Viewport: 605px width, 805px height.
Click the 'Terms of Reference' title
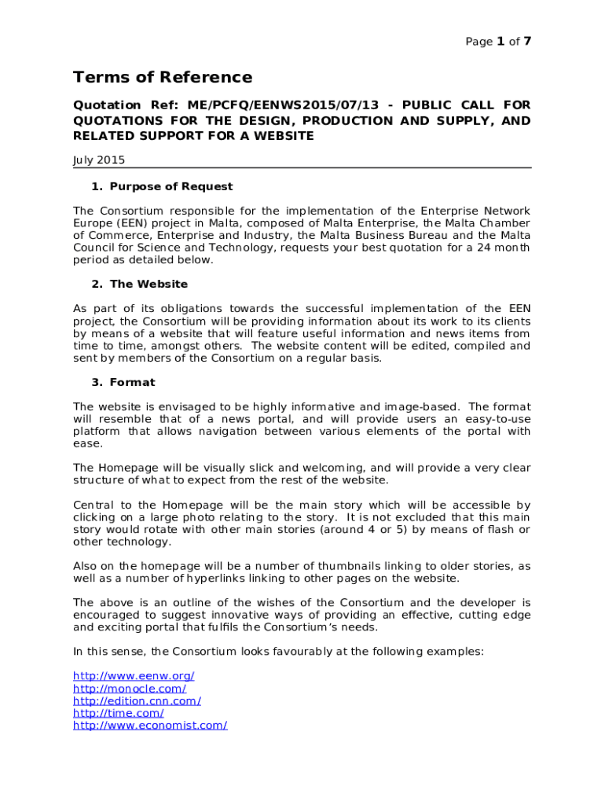coord(163,77)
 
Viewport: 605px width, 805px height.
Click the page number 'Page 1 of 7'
coord(498,42)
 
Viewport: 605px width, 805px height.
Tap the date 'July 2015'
coord(99,160)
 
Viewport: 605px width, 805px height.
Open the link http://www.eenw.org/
coord(134,676)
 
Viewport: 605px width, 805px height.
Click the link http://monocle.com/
coord(130,689)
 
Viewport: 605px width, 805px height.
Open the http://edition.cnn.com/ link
coord(137,700)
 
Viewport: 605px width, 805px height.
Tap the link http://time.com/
coord(119,713)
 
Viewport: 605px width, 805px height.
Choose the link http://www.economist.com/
coord(150,726)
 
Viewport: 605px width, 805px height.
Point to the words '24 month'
coord(504,248)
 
